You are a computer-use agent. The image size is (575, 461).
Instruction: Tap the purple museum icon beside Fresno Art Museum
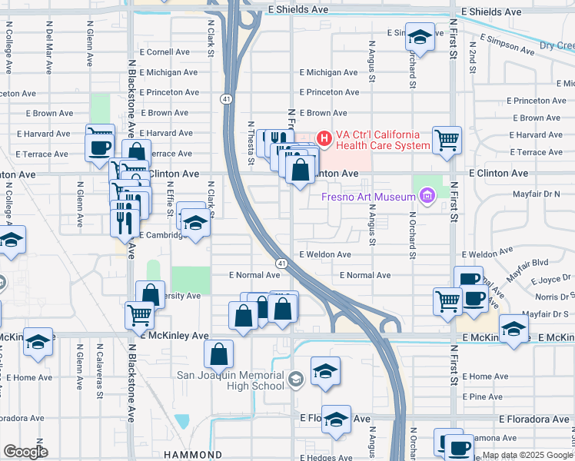[x=427, y=198]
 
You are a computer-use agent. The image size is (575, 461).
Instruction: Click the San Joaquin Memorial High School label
[x=231, y=380]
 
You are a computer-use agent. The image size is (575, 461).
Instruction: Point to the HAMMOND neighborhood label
[x=192, y=455]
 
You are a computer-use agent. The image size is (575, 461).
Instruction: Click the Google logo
[x=25, y=452]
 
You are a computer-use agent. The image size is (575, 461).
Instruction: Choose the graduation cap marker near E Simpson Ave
[x=420, y=36]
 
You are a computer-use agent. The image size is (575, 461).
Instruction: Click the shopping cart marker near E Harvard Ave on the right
[x=447, y=140]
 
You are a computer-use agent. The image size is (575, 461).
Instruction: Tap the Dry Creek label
[x=556, y=46]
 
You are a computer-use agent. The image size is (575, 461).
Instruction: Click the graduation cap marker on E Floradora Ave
[x=336, y=419]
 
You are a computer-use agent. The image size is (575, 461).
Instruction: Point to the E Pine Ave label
[x=482, y=396]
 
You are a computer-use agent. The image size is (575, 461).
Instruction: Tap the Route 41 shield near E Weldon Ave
[x=283, y=264]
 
